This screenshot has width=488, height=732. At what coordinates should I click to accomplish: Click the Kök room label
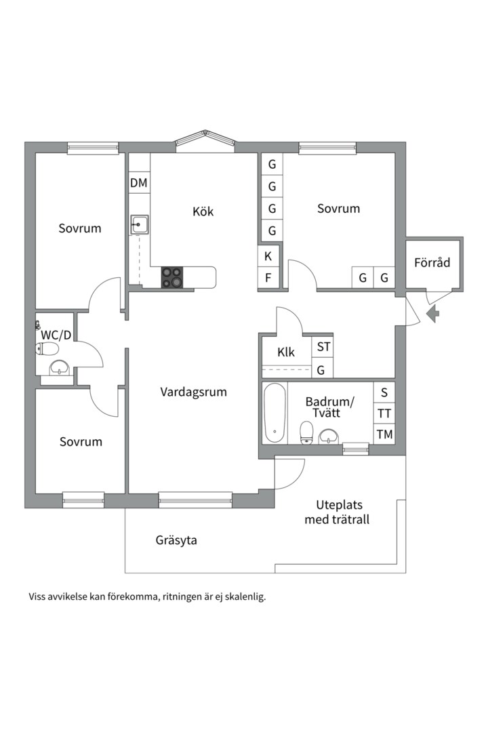203,211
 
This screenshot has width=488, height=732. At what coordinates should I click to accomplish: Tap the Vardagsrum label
194,392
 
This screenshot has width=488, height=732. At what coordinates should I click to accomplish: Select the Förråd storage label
432,263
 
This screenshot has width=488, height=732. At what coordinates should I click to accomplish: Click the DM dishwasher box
139,182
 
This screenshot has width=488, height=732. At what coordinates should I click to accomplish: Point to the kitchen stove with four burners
172,277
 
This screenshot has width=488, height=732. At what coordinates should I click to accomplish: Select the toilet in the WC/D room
47,349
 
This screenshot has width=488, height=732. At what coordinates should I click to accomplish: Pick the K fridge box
268,256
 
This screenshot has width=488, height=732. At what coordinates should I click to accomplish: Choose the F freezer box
268,277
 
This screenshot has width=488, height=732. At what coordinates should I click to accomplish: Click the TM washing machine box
384,434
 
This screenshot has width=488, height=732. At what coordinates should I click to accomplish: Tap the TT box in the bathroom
384,413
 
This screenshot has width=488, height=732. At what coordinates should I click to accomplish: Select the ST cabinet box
324,347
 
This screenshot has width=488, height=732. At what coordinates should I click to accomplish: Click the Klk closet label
286,352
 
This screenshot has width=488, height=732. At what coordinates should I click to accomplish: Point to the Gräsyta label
176,541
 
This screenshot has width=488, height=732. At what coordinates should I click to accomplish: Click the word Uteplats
340,505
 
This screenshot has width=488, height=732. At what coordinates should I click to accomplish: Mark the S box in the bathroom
384,392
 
